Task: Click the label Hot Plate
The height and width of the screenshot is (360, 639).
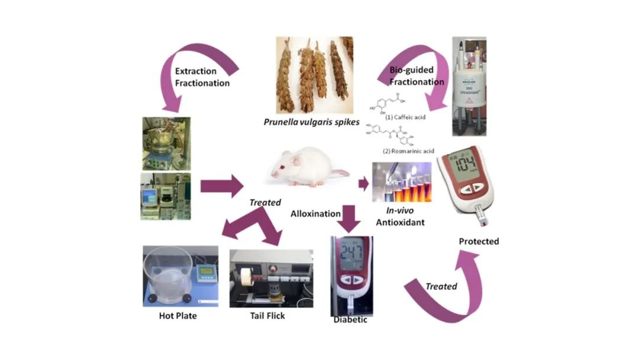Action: (x=177, y=316)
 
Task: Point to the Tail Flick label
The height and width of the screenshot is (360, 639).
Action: (x=267, y=316)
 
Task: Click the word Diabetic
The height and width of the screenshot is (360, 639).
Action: (x=350, y=320)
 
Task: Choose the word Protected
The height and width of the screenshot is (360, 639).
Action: (x=479, y=241)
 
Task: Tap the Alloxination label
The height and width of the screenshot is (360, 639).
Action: (x=315, y=213)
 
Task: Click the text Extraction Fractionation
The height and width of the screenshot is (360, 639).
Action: (x=202, y=78)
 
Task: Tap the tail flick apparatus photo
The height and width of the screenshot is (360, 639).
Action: (x=270, y=278)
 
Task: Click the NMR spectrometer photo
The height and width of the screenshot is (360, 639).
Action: (x=469, y=82)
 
